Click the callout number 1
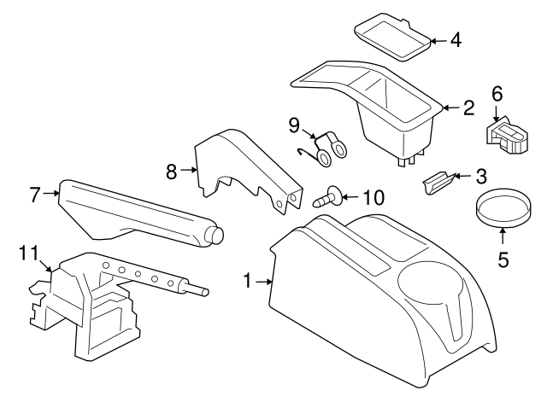[x=248, y=280]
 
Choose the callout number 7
[x=35, y=195]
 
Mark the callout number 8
[x=171, y=171]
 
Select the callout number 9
[x=293, y=125]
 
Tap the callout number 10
[x=373, y=198]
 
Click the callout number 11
[x=28, y=253]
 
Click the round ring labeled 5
[x=501, y=211]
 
